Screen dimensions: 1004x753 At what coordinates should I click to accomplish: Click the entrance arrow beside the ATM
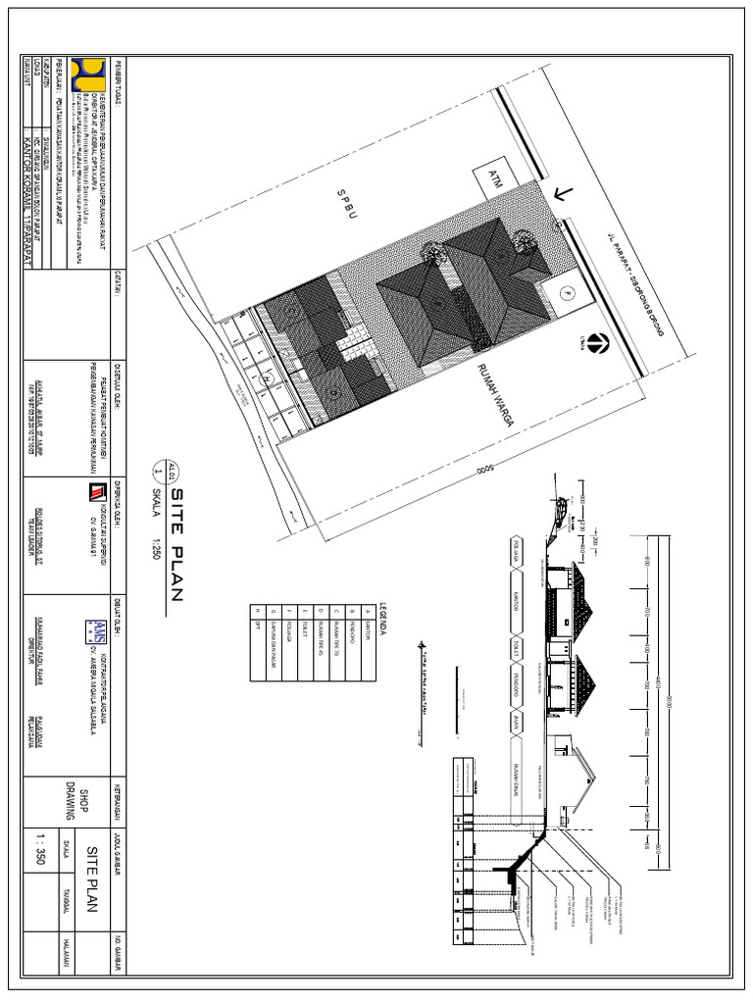tap(562, 193)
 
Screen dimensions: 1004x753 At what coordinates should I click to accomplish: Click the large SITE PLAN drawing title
tap(177, 550)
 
